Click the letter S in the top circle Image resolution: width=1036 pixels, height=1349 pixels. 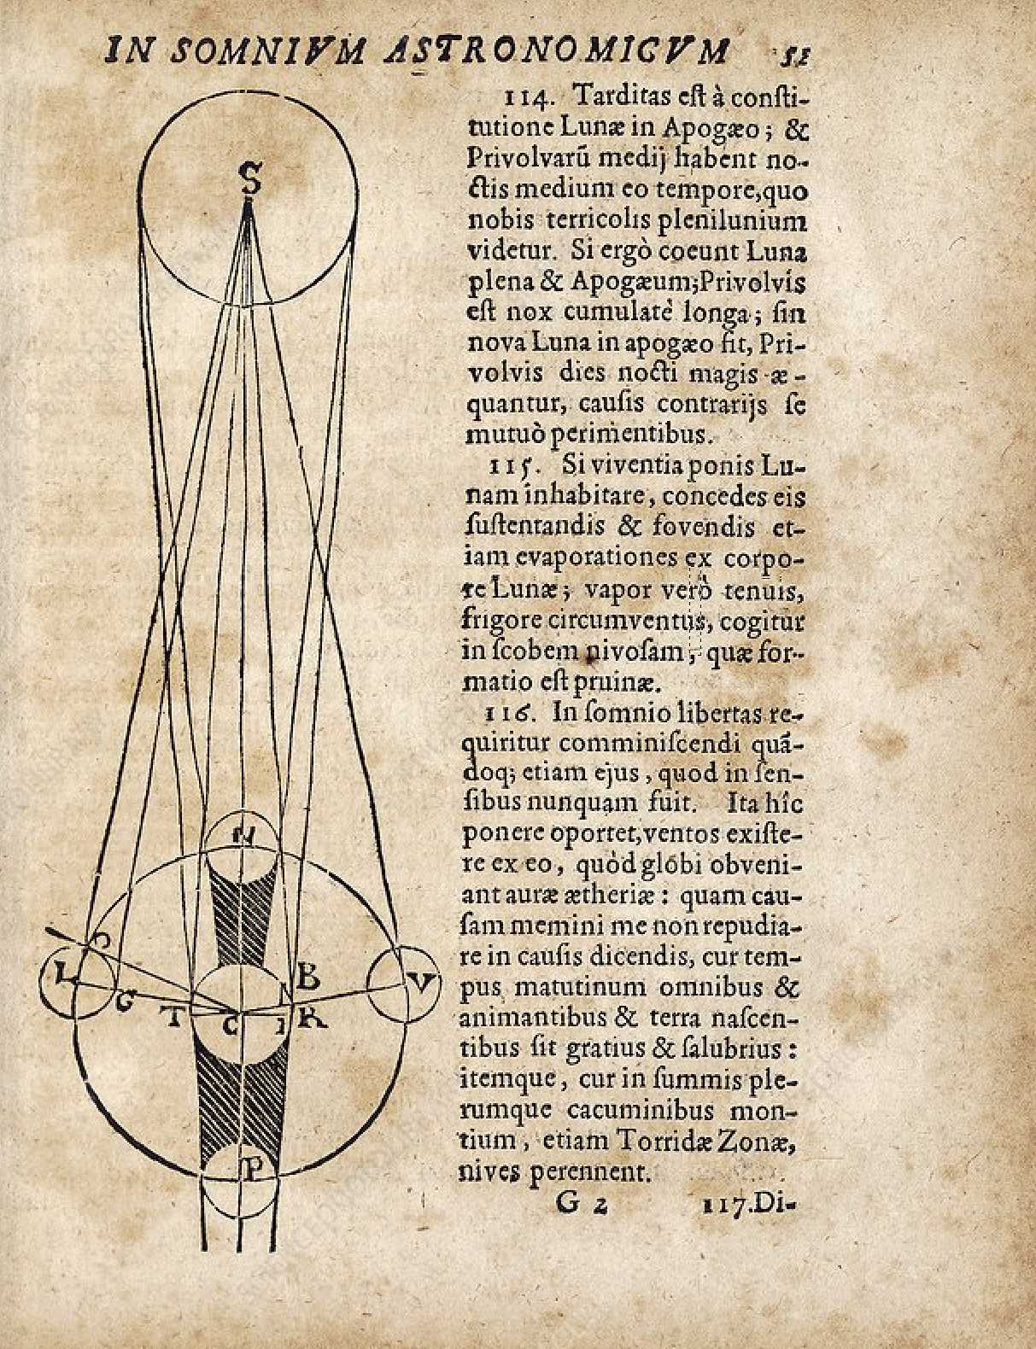tap(249, 180)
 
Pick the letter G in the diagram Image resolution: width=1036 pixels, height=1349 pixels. tap(126, 1005)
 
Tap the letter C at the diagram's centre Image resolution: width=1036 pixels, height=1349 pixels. tap(231, 1027)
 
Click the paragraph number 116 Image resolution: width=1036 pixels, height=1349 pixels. tap(509, 711)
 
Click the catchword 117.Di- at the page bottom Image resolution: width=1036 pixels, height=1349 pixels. tap(748, 1205)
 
